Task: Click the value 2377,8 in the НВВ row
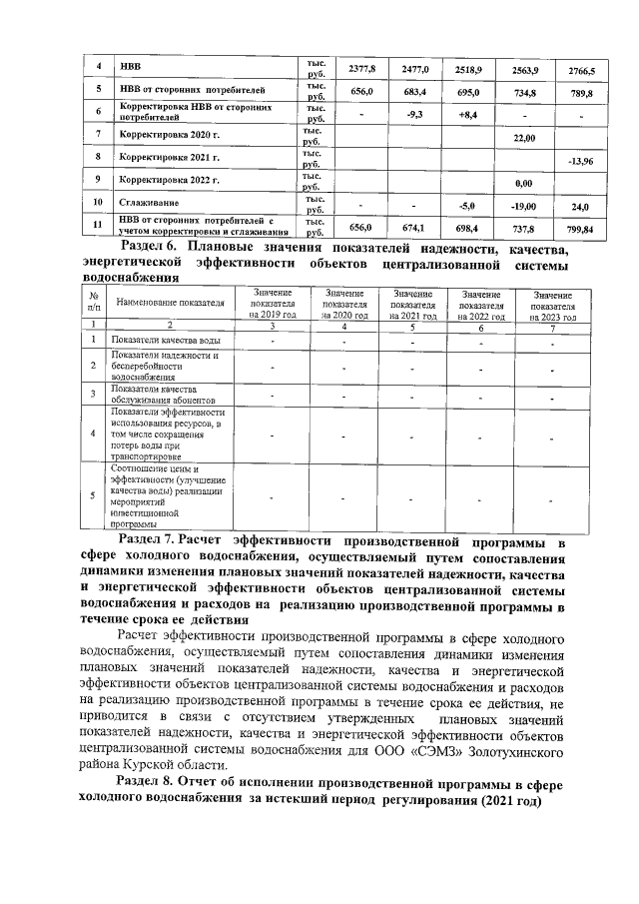pyautogui.click(x=360, y=70)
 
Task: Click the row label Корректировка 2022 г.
pyautogui.click(x=169, y=181)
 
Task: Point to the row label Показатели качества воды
pyautogui.click(x=161, y=341)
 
